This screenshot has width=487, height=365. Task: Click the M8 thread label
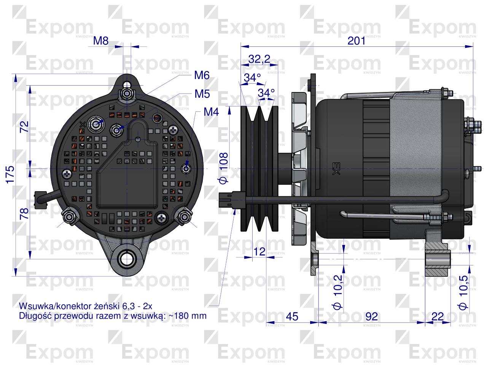(101, 41)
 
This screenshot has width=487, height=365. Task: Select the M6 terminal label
(202, 75)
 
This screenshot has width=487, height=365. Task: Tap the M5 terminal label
(202, 94)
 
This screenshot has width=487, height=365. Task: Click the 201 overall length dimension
(356, 41)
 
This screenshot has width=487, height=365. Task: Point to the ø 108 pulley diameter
(223, 168)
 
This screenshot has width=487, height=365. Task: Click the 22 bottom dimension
(438, 316)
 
